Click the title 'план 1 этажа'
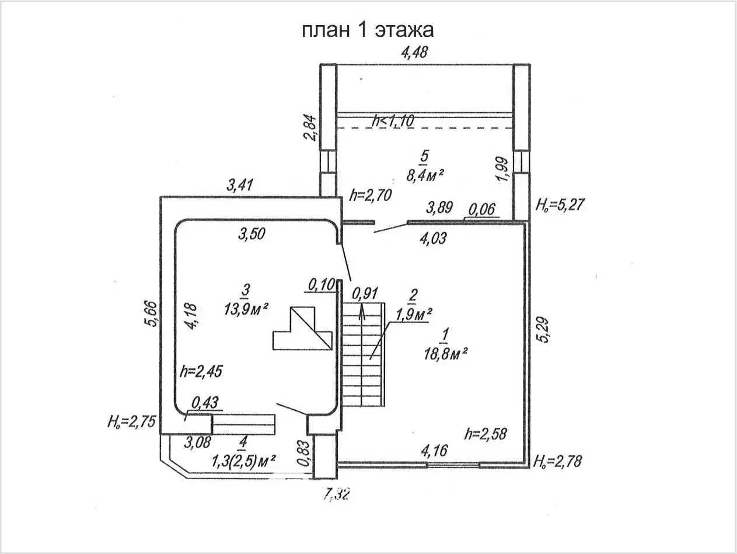pyautogui.click(x=368, y=30)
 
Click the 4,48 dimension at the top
pyautogui.click(x=414, y=52)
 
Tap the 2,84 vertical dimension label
pyautogui.click(x=312, y=127)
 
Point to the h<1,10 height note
pyautogui.click(x=393, y=121)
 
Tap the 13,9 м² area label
pyautogui.click(x=246, y=309)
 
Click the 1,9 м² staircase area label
pyautogui.click(x=412, y=314)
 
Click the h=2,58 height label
pyautogui.click(x=485, y=434)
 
